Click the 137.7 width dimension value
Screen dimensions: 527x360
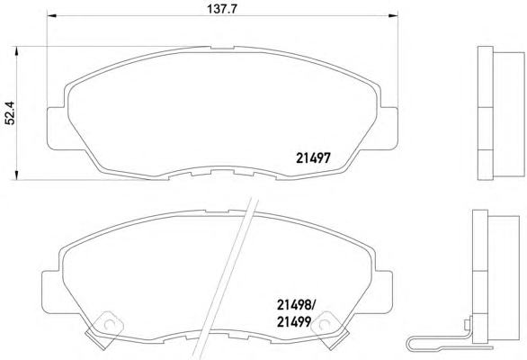click(222, 9)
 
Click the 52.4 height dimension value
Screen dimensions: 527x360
click(10, 113)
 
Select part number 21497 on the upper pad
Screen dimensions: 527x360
click(313, 157)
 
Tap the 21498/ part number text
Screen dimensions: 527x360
click(296, 305)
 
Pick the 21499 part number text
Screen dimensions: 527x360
click(294, 322)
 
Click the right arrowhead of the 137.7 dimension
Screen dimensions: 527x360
click(393, 15)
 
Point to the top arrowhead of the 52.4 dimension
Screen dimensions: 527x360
click(16, 51)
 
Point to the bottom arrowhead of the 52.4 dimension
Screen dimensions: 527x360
click(16, 175)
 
